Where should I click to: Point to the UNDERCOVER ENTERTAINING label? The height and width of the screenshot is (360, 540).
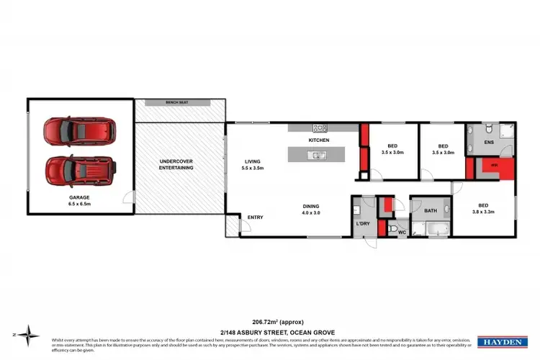coord(176,163)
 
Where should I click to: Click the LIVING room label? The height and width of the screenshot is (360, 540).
coord(253,161)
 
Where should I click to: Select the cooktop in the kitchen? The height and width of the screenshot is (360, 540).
coord(320,128)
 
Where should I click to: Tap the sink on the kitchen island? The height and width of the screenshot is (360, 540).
coord(317,155)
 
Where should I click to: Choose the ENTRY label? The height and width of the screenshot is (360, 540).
coord(255,217)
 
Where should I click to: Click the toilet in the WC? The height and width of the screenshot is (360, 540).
coord(393,230)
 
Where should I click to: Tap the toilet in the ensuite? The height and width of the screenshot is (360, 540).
coord(487,130)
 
